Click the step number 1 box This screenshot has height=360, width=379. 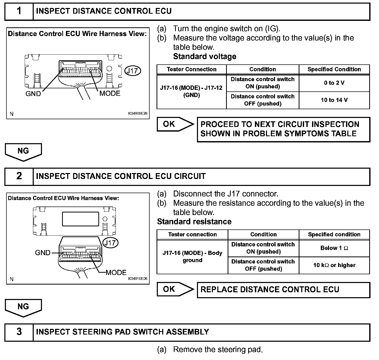point(19,11)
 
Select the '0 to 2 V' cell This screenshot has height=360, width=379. point(334,83)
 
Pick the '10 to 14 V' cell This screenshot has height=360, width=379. point(334,100)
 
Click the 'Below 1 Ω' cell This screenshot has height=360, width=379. point(334,248)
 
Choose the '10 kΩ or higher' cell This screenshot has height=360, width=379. point(334,265)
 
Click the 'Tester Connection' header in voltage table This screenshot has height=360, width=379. point(192,69)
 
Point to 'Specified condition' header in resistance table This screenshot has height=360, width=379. point(334,235)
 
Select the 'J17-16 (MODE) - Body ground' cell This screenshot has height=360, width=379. point(192,256)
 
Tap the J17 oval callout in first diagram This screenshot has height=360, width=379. point(133,71)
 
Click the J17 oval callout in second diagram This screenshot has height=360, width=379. point(110,243)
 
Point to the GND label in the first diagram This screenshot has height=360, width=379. point(33,94)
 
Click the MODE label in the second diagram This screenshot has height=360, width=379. point(116,273)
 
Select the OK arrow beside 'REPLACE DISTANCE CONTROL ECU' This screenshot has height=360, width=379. point(175,289)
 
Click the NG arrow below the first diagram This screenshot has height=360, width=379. point(23,152)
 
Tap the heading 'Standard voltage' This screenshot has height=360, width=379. point(205,56)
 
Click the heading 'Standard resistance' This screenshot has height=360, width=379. point(194,222)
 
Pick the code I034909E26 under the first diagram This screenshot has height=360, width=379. point(138,114)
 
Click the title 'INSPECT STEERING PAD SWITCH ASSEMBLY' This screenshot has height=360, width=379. point(123,332)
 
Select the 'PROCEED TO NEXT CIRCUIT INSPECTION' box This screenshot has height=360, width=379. point(283,129)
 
